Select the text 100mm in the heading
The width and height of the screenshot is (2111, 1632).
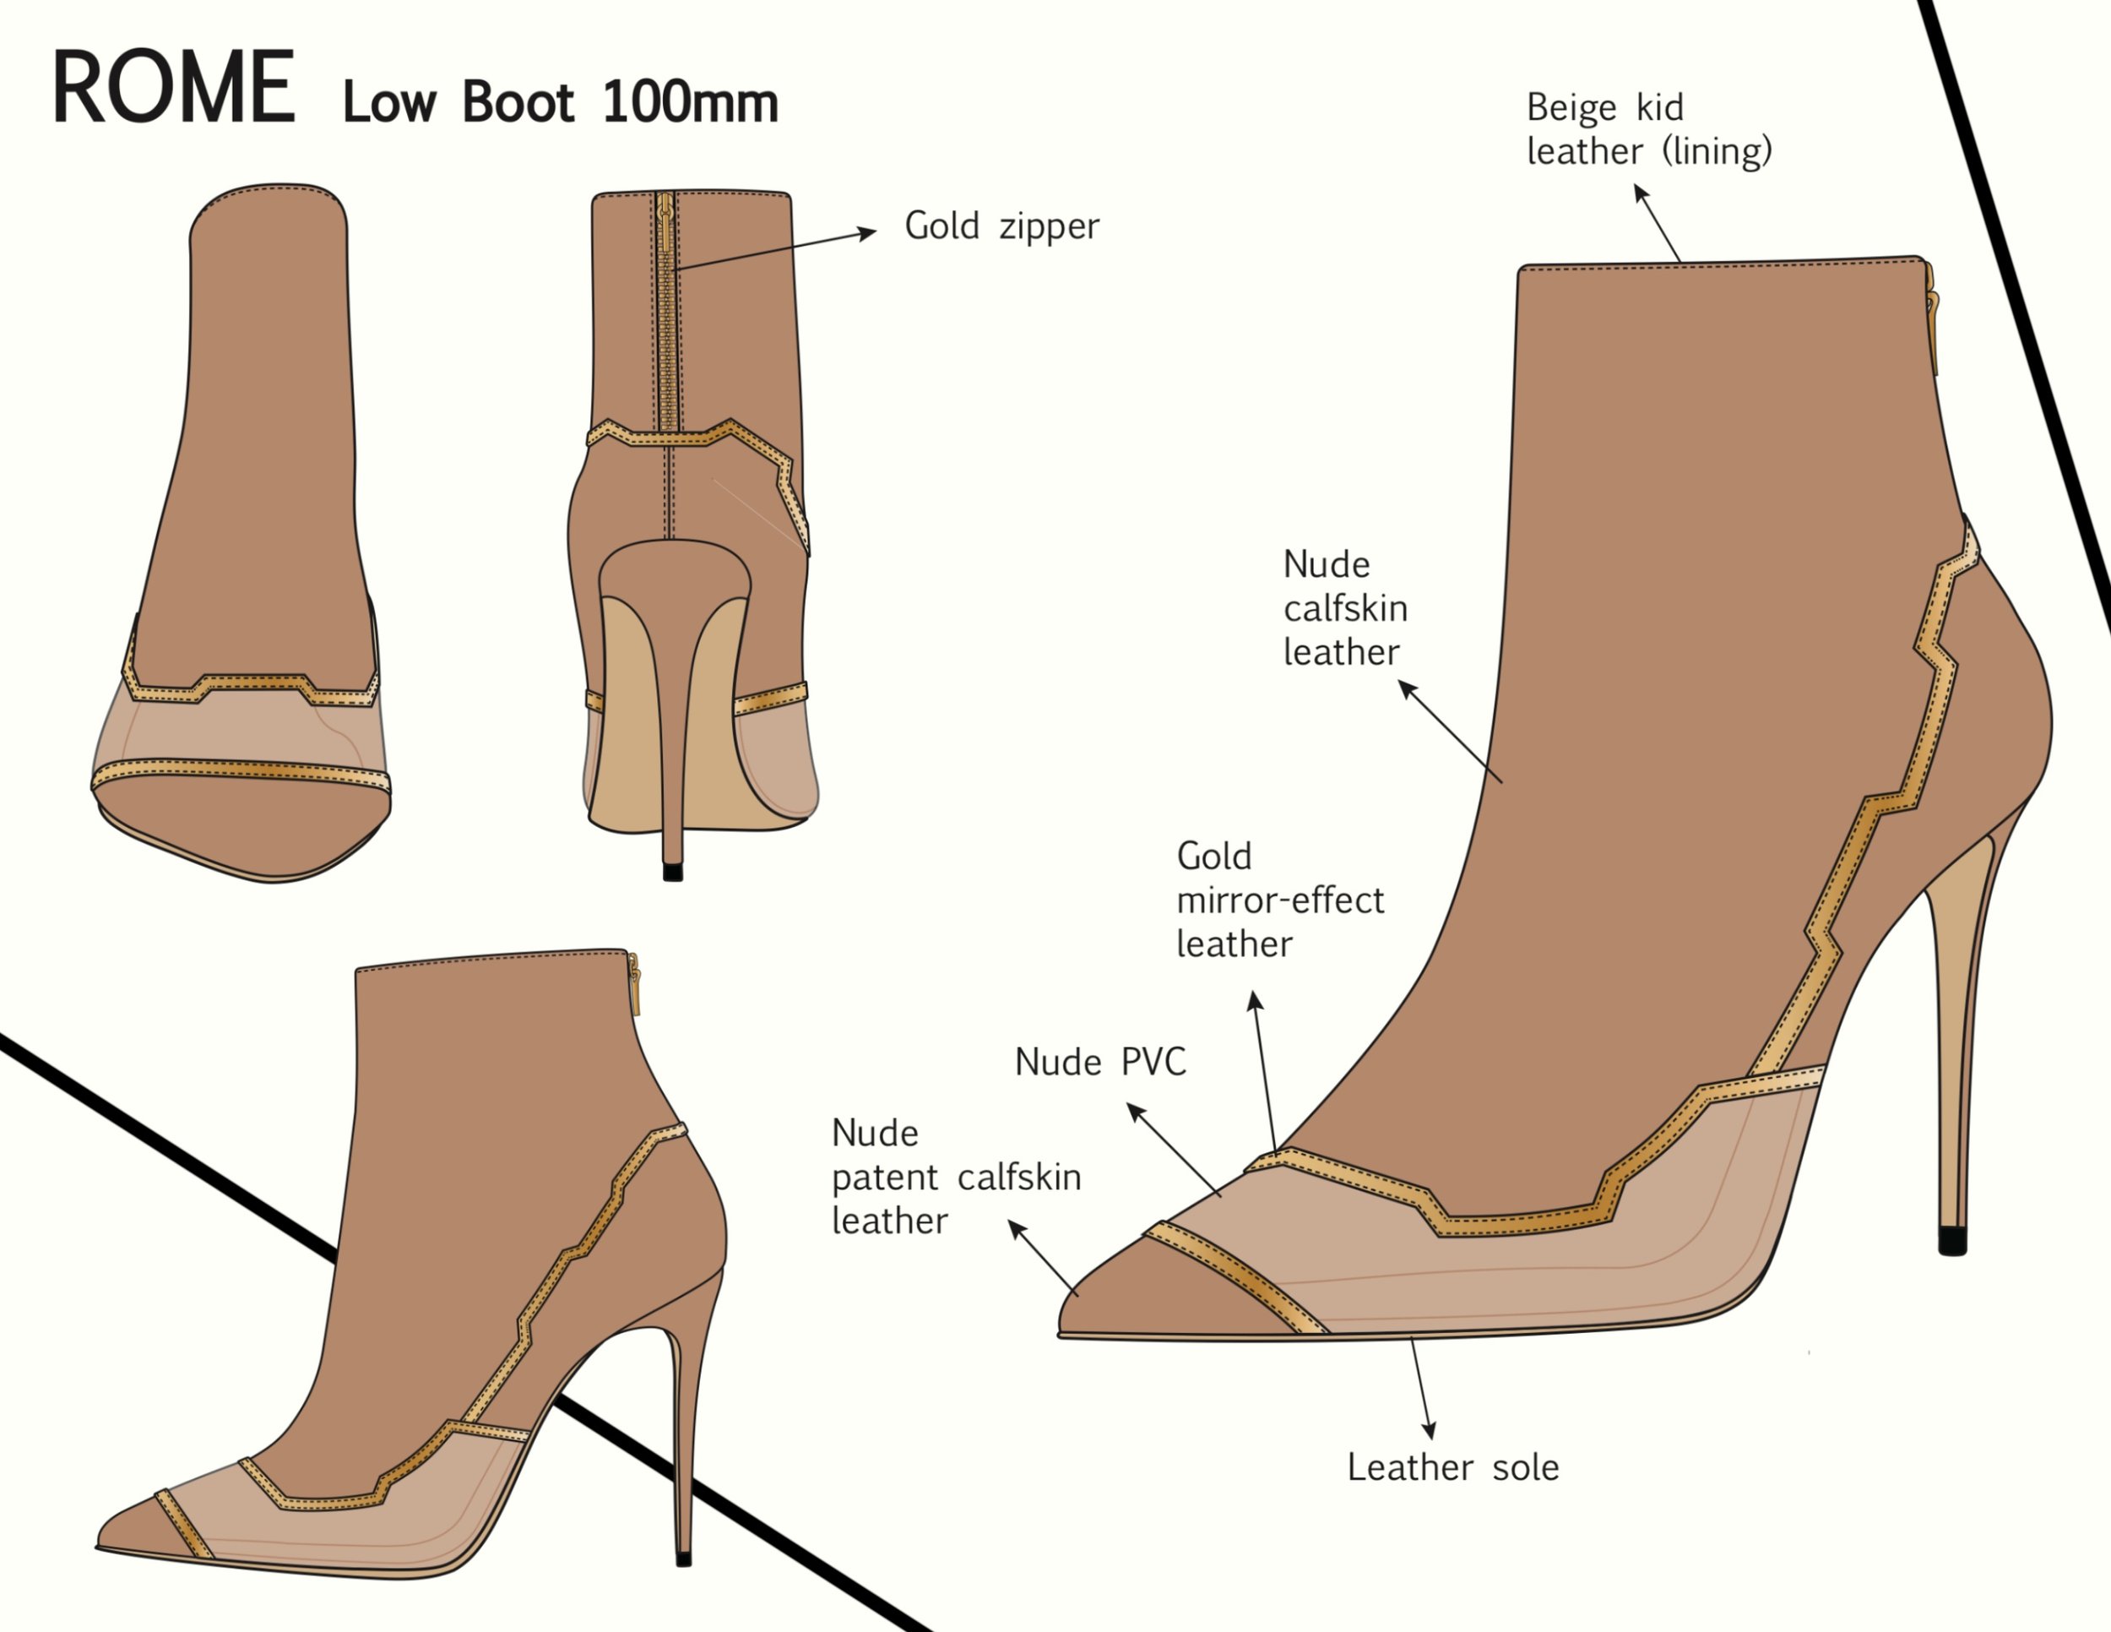click(689, 102)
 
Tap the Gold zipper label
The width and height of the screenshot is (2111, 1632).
click(1001, 226)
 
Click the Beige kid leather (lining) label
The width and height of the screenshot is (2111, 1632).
click(1648, 129)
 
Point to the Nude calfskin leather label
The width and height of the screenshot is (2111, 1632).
click(1344, 608)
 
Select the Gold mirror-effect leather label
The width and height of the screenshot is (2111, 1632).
click(1278, 900)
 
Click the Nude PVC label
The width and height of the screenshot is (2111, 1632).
click(1100, 1063)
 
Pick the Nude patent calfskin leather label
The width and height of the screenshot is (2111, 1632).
click(955, 1177)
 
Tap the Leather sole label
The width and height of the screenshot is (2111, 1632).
click(1452, 1467)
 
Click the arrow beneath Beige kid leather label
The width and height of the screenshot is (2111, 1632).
click(1657, 222)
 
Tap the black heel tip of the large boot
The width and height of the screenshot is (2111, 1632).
click(1952, 1240)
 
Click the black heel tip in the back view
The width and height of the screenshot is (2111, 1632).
click(673, 871)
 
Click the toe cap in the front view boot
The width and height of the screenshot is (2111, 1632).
click(241, 827)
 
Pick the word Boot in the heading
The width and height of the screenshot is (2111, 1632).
click(518, 102)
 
